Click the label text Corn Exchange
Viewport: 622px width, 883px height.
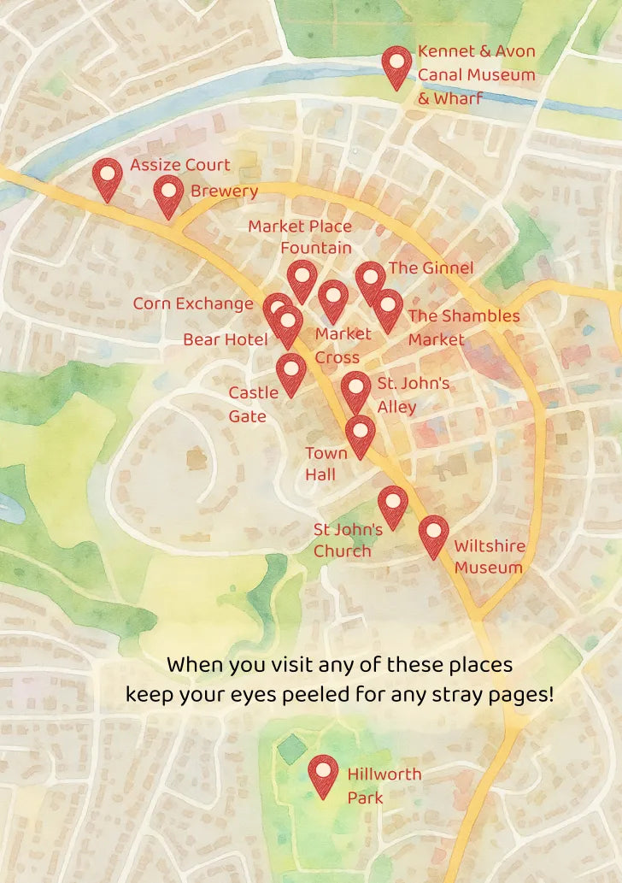coord(193,303)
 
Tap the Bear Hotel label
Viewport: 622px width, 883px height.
coord(226,340)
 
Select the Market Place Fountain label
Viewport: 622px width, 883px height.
coord(300,237)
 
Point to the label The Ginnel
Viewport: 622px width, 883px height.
coord(431,268)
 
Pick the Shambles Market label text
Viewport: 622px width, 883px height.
coord(463,327)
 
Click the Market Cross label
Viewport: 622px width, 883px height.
coord(343,345)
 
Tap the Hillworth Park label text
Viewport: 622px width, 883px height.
coord(384,786)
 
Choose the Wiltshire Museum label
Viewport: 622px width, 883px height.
coord(489,556)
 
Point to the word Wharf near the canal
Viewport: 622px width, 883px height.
coord(458,98)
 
